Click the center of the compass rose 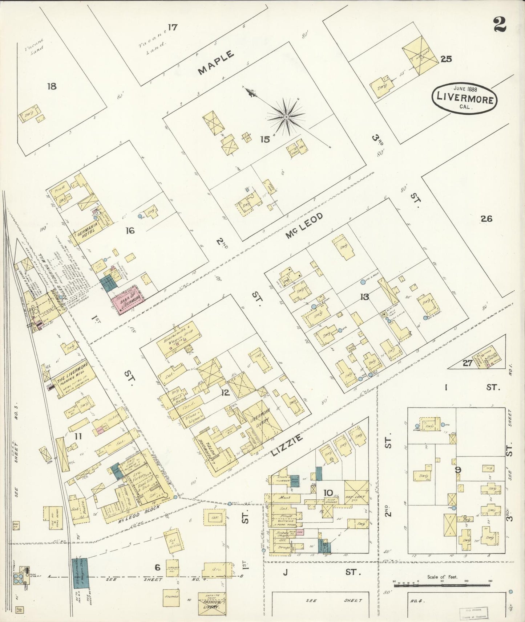coord(286,116)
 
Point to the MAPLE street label coord(216,62)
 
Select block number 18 coord(52,86)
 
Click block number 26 coord(486,218)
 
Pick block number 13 coord(364,297)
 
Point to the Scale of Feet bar coord(442,586)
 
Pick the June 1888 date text coord(465,88)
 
